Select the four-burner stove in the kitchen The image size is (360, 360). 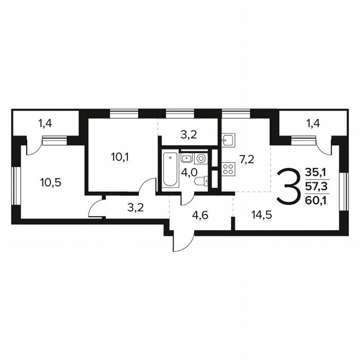tap(228, 168)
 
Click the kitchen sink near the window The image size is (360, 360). tap(228, 140)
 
